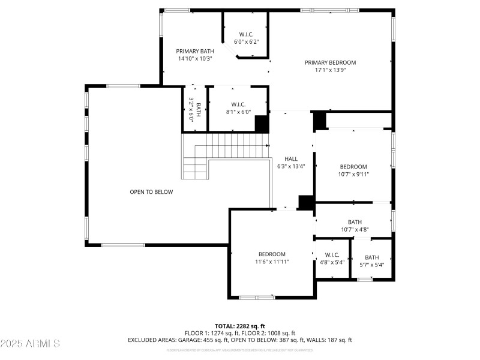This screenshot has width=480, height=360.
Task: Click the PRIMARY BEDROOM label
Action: tap(330, 62)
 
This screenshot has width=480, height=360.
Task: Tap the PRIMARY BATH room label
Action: tap(194, 51)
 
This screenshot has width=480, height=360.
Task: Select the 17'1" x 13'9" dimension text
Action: tap(330, 70)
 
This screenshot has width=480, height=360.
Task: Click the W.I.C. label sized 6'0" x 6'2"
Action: tap(245, 34)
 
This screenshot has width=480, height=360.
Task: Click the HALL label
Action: tap(291, 159)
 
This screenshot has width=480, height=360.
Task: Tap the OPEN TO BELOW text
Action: tap(151, 192)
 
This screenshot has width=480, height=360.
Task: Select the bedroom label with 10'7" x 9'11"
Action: tap(353, 167)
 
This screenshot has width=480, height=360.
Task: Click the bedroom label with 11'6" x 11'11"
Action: tap(272, 254)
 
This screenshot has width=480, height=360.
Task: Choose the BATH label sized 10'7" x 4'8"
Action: tap(355, 221)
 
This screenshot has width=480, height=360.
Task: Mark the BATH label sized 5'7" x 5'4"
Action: tap(371, 257)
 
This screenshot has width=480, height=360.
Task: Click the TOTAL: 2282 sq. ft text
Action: tap(240, 326)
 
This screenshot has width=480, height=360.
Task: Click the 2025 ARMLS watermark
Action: tap(30, 344)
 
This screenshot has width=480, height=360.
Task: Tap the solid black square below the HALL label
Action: tap(307, 203)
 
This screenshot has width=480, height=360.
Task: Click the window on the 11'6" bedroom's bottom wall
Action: tap(257, 297)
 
